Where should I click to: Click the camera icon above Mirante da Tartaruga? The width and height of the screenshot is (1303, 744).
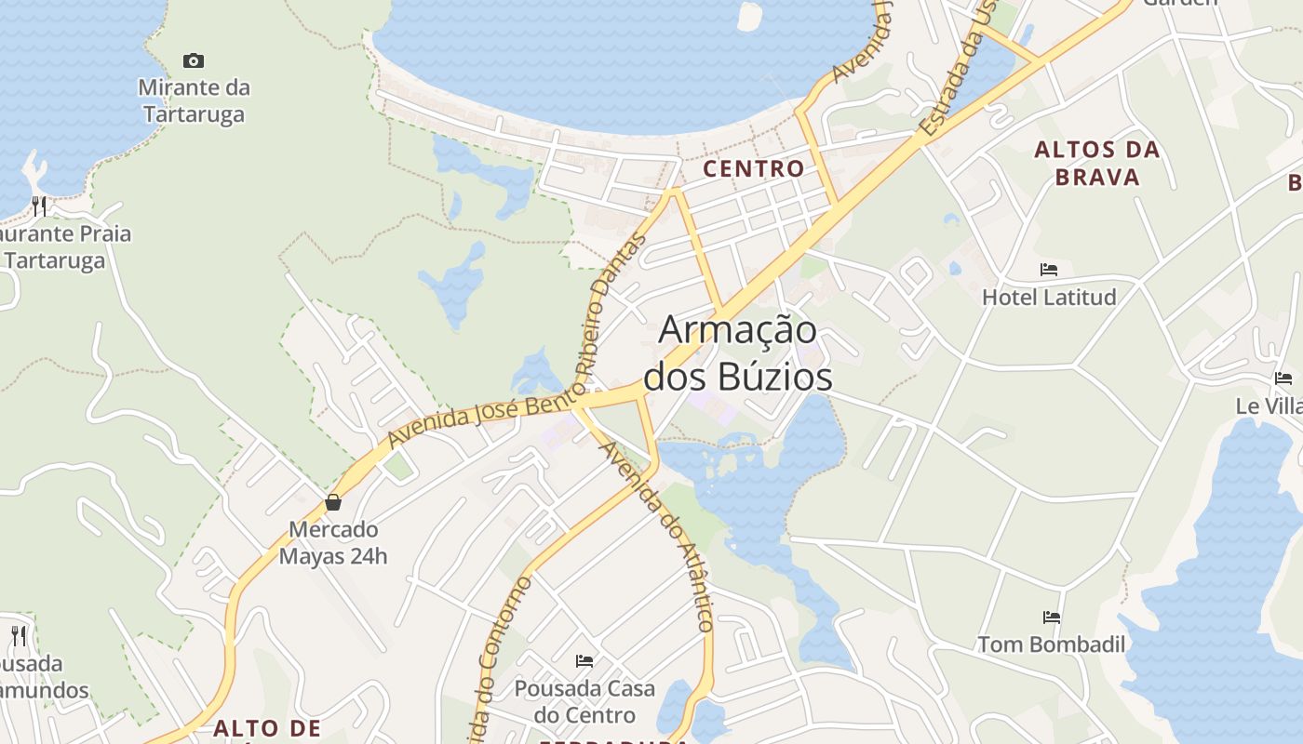pos(194,61)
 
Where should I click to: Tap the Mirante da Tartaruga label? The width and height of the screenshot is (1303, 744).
pos(194,101)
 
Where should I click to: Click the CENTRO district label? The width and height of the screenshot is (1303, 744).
pos(754,169)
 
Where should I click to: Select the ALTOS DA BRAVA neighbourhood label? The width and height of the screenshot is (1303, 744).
pos(1097,163)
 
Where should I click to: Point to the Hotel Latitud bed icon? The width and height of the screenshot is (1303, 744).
pos(1049,271)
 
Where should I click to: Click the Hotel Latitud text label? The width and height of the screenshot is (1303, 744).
pos(1049,298)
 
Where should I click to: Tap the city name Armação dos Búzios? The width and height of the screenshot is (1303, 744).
pos(738,353)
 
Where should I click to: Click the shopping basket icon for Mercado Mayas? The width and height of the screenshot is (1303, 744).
pos(333,503)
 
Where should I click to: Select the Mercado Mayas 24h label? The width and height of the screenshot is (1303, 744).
pos(333,543)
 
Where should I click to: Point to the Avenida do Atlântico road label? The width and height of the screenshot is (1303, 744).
pos(658,535)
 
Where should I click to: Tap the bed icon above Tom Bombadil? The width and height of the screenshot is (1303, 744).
pos(1052,618)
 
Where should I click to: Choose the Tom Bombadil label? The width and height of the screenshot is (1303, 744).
pos(1051,644)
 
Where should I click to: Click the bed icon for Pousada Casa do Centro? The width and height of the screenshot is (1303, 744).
pos(584,661)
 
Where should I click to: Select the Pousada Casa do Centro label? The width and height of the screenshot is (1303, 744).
pos(584,702)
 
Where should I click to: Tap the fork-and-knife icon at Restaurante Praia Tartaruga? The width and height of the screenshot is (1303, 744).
pos(39,206)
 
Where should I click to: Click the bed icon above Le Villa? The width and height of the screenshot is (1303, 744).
pos(1283,379)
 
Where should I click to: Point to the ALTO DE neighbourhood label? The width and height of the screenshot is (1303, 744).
pos(266,728)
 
